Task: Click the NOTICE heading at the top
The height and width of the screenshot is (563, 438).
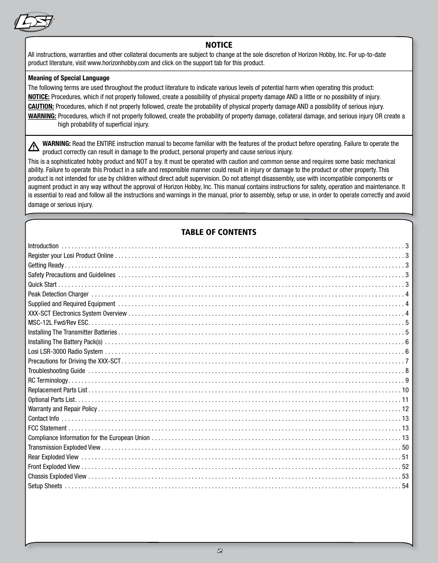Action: click(x=219, y=45)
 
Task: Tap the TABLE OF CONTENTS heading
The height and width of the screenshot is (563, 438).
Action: click(x=219, y=232)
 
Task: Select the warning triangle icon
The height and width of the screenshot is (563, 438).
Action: click(x=34, y=147)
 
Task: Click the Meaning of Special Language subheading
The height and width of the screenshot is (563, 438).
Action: click(x=69, y=78)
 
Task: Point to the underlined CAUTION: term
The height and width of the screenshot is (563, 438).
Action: click(x=41, y=106)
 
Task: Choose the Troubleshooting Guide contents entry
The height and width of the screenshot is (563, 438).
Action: click(x=56, y=371)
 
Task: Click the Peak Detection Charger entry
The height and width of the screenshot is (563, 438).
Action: click(x=58, y=294)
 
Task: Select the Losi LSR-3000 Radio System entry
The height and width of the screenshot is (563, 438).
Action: click(x=66, y=351)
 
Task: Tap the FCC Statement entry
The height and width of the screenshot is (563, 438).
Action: click(x=47, y=428)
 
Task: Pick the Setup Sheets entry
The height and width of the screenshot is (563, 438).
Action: click(x=45, y=486)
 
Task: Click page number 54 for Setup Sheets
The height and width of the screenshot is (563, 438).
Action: click(x=405, y=486)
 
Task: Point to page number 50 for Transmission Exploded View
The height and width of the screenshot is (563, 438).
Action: click(x=405, y=447)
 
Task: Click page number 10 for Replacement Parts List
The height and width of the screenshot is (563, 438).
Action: click(x=405, y=390)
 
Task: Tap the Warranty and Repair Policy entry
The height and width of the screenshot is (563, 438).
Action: click(x=62, y=409)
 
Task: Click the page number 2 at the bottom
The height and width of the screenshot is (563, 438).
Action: click(x=219, y=551)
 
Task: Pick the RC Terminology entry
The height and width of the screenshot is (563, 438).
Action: click(x=48, y=380)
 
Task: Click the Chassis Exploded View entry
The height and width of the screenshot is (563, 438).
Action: click(x=57, y=476)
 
